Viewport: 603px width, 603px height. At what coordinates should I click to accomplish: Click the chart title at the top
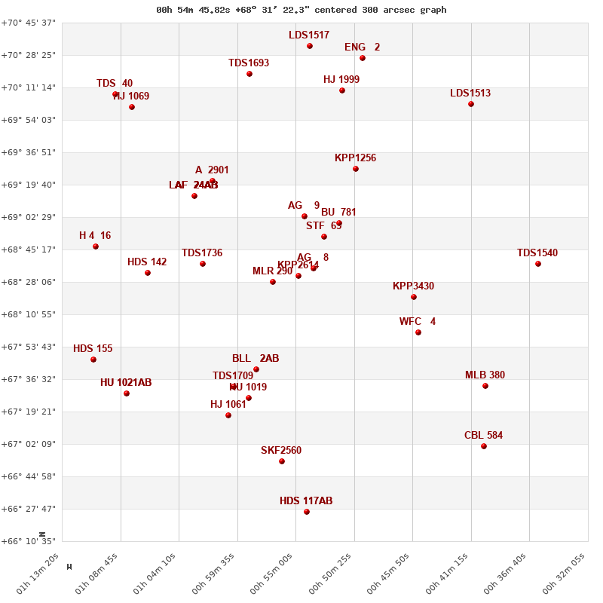pos(301,10)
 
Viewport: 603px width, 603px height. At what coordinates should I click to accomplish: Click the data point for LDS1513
pos(471,104)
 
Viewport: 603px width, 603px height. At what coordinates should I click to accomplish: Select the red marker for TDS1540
pos(538,264)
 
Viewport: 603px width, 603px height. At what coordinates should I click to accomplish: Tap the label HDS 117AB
pos(306,501)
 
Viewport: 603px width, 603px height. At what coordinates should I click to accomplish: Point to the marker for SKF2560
pos(282,461)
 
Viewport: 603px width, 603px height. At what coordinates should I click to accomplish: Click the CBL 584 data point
pos(484,446)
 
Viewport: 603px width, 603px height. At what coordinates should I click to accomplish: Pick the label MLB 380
pos(485,375)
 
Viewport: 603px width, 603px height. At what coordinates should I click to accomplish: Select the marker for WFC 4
pos(418,332)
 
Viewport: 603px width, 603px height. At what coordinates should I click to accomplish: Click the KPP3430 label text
pos(413,286)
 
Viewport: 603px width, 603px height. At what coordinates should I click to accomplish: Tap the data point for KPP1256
pos(356,169)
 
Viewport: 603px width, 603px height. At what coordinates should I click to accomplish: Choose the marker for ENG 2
pos(363,58)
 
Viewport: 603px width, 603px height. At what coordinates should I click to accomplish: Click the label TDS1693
pos(249,63)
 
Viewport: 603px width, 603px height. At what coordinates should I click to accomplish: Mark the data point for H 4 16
pos(96,246)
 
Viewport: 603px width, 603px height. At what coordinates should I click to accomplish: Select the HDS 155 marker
pos(93,360)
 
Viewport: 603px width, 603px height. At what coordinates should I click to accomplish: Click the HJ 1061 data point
pos(228,415)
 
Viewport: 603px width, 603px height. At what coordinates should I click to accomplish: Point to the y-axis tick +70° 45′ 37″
pos(28,23)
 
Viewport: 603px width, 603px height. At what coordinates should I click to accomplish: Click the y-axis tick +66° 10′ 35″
pos(28,541)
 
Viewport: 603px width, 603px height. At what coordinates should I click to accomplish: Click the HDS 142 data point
pos(148,273)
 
